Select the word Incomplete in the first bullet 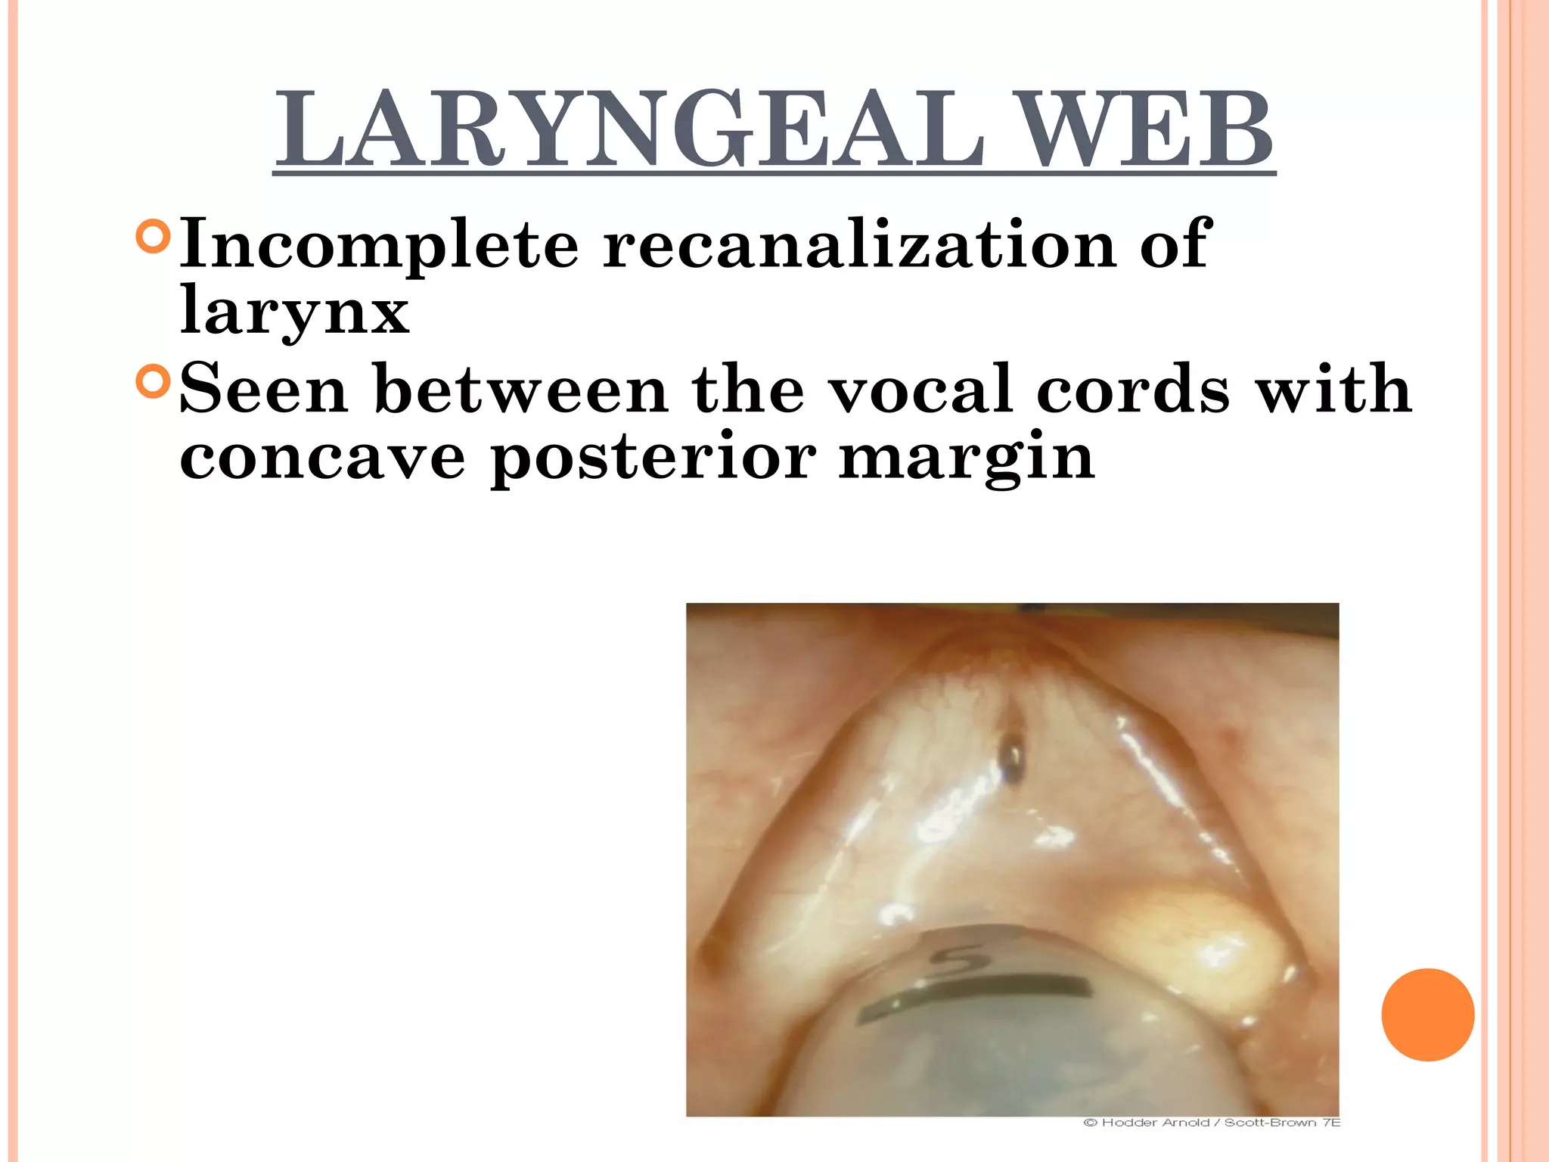pos(379,244)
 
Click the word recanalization pos(859,244)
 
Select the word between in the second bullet pos(521,389)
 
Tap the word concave pos(322,457)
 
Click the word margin pos(967,458)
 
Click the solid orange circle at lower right pos(1427,1014)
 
